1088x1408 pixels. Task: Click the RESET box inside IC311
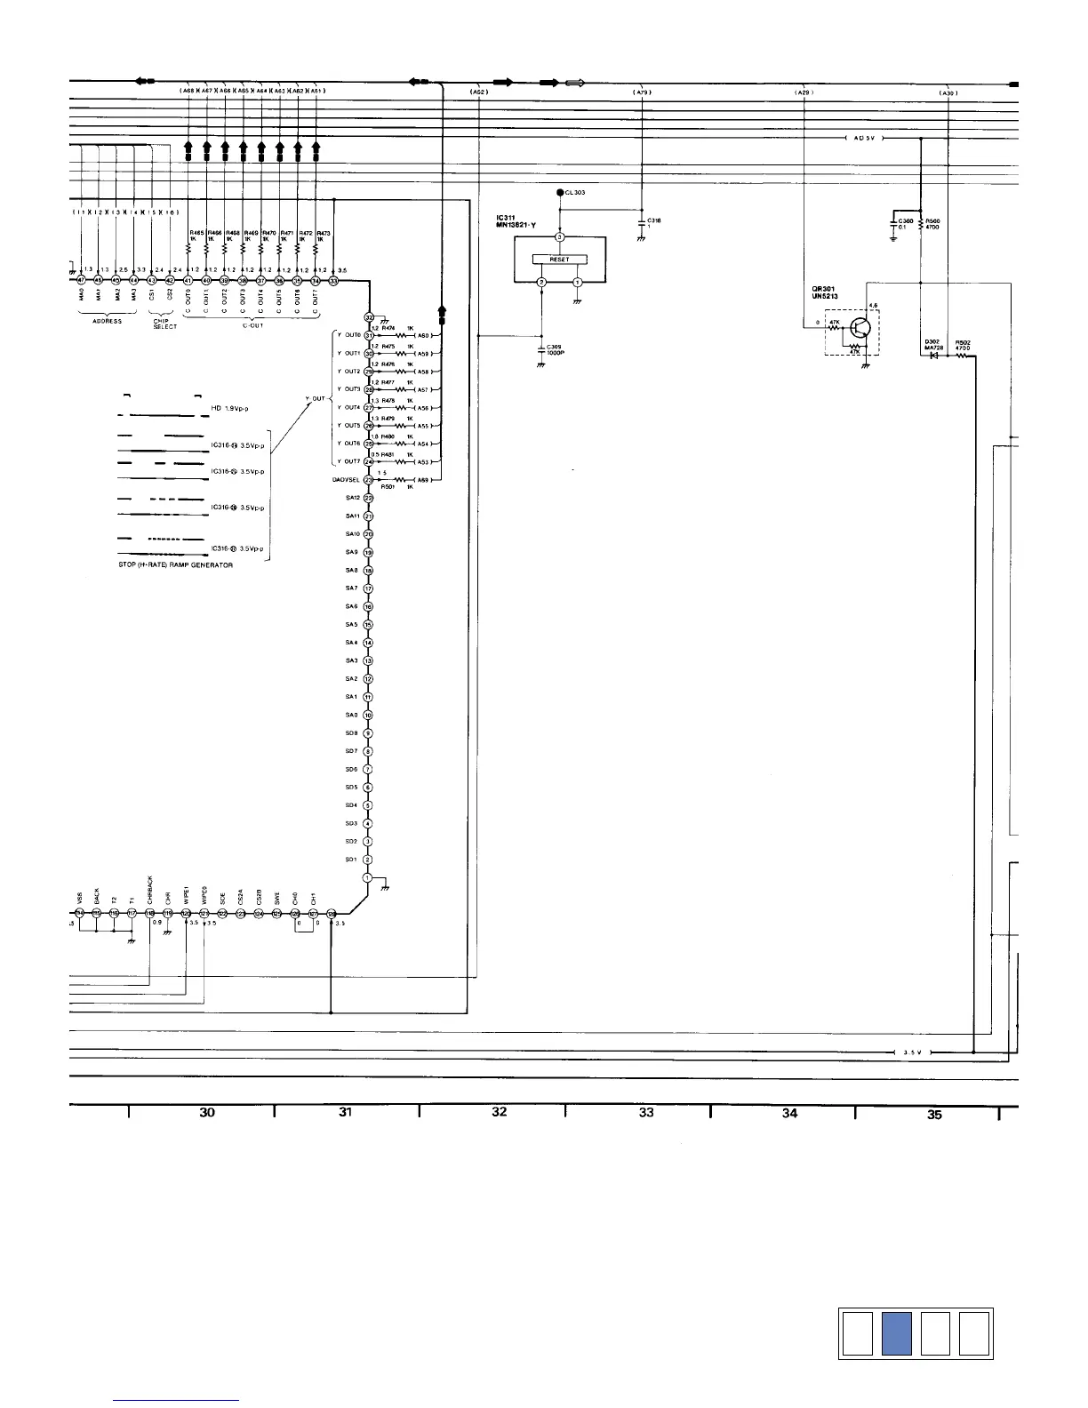559,260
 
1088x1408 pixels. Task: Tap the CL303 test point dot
559,193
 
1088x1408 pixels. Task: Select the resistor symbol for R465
189,250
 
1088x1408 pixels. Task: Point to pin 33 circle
333,281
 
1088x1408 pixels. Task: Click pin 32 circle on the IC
369,317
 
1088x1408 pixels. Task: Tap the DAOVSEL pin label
345,480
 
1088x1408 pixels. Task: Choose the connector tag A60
424,336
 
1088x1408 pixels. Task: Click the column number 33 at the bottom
646,1112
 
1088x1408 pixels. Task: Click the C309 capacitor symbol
541,348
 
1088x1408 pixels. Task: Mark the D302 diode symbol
933,356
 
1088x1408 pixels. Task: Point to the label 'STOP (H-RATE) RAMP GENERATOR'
176,565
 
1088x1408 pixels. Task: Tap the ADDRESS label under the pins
107,322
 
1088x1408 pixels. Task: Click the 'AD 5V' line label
862,140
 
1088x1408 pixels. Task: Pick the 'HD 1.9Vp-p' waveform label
229,408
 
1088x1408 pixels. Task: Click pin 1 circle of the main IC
368,878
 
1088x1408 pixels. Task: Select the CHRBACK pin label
150,889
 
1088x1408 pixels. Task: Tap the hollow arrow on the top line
575,84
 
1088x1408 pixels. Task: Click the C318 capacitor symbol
642,224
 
